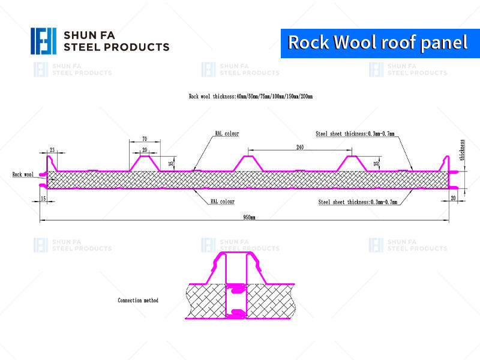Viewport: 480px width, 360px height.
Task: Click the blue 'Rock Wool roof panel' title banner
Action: (x=377, y=42)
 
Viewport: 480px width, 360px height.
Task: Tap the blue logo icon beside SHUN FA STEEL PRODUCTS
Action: (x=43, y=41)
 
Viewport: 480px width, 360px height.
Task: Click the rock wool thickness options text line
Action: (x=250, y=96)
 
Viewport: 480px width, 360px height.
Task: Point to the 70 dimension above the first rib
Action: (x=145, y=139)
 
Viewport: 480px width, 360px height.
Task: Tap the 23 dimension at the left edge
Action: (x=53, y=149)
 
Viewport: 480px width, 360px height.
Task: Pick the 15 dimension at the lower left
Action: (x=43, y=198)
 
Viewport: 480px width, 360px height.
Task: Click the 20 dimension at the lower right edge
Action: (x=452, y=198)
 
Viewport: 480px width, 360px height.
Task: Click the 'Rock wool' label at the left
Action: (x=23, y=175)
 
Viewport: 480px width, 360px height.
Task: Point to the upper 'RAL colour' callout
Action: (x=227, y=134)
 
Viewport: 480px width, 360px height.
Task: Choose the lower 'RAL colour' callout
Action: (x=223, y=202)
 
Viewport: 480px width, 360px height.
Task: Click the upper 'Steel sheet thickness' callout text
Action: (x=355, y=134)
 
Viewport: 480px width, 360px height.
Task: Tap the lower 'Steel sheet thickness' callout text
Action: (x=358, y=203)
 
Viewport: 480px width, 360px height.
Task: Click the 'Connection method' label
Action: (x=138, y=300)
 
